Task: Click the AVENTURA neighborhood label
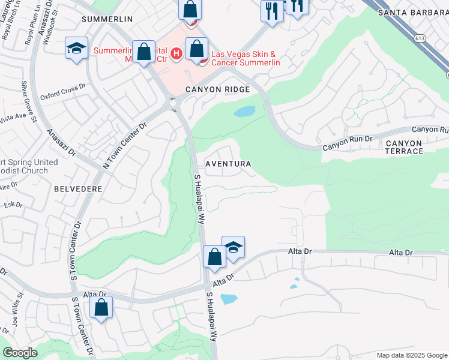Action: [x=228, y=164]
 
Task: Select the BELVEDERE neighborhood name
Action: [x=78, y=188]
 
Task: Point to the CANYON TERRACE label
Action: [x=404, y=147]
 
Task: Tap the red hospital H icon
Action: [x=176, y=55]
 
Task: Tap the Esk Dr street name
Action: [x=13, y=205]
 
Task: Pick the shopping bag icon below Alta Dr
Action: [x=101, y=308]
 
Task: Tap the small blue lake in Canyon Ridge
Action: [x=244, y=112]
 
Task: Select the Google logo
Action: [x=20, y=353]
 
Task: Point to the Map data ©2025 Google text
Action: [x=411, y=355]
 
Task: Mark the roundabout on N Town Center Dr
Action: [x=173, y=103]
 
